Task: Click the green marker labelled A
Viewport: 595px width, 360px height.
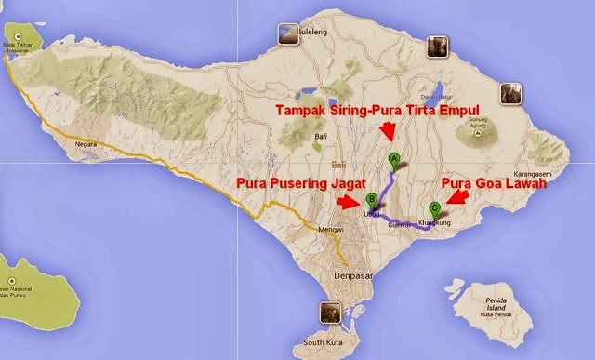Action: pyautogui.click(x=394, y=159)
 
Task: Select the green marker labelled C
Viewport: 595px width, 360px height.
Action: pyautogui.click(x=434, y=208)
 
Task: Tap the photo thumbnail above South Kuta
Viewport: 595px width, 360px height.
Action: pyautogui.click(x=329, y=313)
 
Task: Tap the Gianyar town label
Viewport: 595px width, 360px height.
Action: pyautogui.click(x=399, y=225)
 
